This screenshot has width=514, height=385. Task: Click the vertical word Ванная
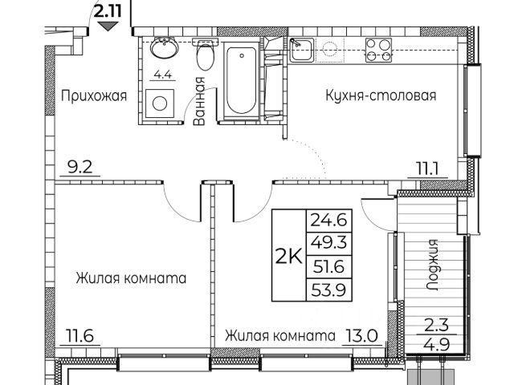[x=201, y=106]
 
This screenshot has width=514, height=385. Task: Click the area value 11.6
[x=76, y=336]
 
